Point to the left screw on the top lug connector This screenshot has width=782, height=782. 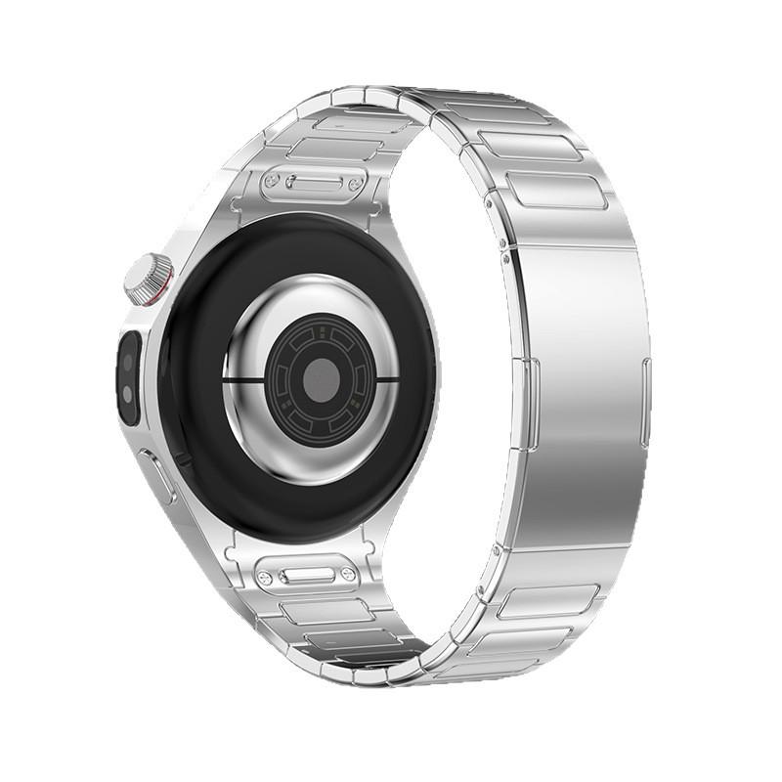pos(270,182)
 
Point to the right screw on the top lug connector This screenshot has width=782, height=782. pos(355,184)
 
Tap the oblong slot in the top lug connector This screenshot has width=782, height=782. pos(313,183)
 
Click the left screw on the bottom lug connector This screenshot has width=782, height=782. pos(264,577)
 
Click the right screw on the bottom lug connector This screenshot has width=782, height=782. pos(348,576)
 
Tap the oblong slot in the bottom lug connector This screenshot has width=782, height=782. pos(306,577)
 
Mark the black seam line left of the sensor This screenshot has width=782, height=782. pos(244,377)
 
